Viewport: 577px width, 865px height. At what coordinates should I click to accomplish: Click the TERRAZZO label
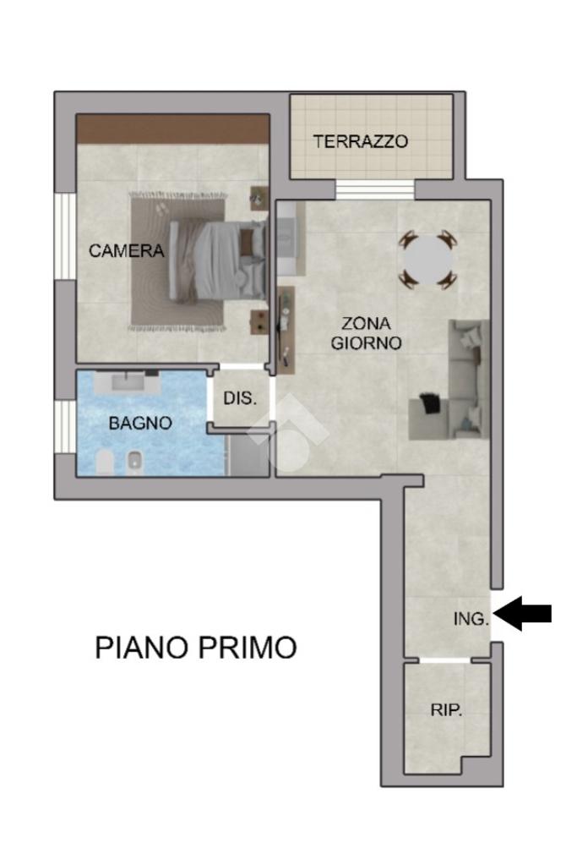coord(361,142)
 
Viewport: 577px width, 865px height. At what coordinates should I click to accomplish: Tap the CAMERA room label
coord(126,251)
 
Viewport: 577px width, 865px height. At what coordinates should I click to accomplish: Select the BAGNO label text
coord(140,423)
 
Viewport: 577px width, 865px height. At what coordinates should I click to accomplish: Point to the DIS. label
coord(240,397)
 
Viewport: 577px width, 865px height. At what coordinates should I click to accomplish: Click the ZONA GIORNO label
coord(366,332)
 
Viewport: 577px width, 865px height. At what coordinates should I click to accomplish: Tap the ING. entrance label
coord(471,618)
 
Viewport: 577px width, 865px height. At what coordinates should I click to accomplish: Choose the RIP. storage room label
coord(446,709)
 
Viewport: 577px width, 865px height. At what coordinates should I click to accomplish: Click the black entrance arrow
coord(522,613)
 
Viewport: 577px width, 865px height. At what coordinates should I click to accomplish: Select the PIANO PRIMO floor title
coord(196,647)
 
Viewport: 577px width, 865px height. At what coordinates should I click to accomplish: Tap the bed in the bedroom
coord(217,260)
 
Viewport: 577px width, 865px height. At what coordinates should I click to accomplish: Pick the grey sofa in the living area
coord(449,380)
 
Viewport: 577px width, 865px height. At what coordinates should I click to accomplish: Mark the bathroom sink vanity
coord(126,381)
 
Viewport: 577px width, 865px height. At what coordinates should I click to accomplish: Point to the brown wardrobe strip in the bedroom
coord(172,129)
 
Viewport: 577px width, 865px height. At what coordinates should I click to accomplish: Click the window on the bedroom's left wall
coord(64,236)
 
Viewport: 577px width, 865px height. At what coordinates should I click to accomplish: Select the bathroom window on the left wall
coord(64,427)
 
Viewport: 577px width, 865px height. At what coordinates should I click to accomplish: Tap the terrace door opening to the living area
coord(374,189)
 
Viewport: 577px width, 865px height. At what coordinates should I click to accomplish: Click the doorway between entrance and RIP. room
coord(444,660)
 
